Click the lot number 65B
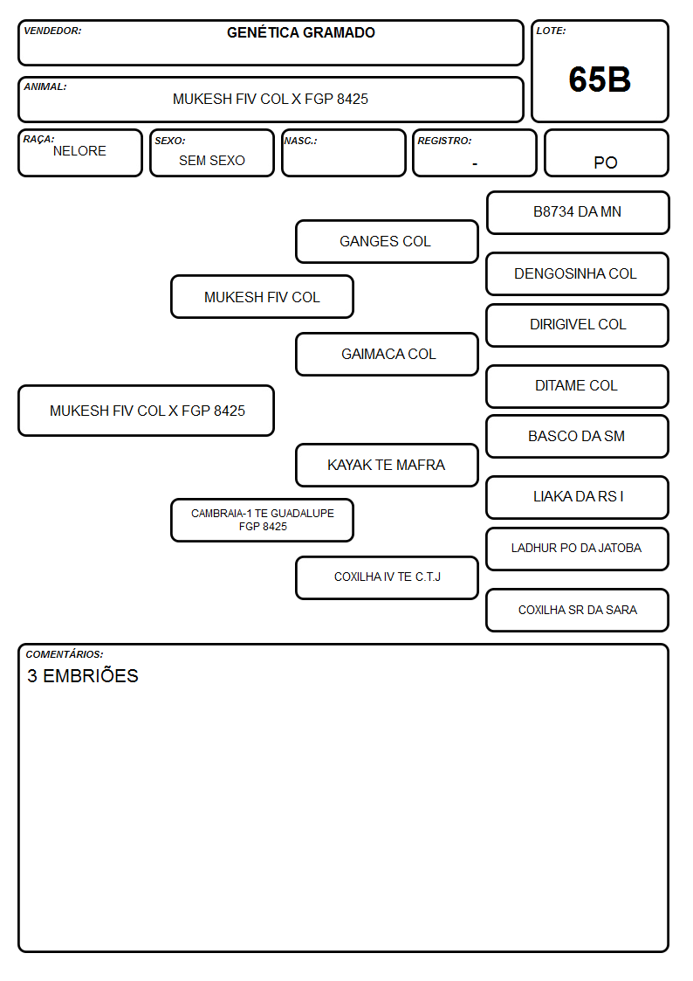click(x=600, y=79)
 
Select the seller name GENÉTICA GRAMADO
click(x=300, y=32)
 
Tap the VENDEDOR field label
click(x=52, y=31)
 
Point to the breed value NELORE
click(x=79, y=151)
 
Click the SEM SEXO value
click(x=212, y=161)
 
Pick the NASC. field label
click(x=300, y=141)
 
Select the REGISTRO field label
click(x=444, y=141)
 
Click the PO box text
click(x=606, y=162)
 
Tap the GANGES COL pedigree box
click(x=387, y=241)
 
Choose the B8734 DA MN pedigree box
click(x=578, y=213)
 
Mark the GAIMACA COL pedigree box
click(x=387, y=354)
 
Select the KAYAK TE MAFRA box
click(x=387, y=466)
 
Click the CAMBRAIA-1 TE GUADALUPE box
click(x=263, y=521)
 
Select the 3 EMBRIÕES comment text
click(x=83, y=675)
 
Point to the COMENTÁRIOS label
click(x=65, y=654)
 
